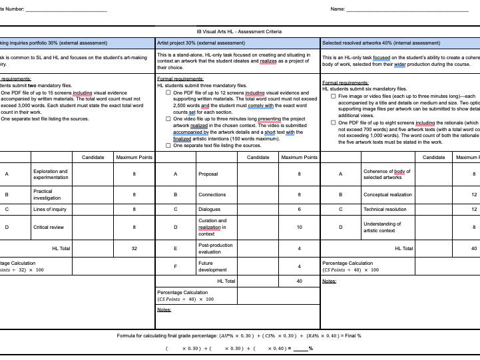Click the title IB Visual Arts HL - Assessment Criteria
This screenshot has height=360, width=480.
239,31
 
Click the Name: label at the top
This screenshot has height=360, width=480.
338,9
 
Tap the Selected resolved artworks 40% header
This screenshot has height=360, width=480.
381,43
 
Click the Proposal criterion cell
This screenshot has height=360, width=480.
208,174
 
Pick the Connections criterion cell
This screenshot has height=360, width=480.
212,195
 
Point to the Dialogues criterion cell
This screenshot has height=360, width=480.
209,209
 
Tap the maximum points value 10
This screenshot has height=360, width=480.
299,227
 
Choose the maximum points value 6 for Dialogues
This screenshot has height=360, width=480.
299,209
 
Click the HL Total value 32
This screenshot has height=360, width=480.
134,248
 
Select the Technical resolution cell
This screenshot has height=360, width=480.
385,209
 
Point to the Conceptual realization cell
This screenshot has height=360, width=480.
387,195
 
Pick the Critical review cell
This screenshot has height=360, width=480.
48,227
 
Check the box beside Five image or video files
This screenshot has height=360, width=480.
334,96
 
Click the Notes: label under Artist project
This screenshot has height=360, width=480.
164,309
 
